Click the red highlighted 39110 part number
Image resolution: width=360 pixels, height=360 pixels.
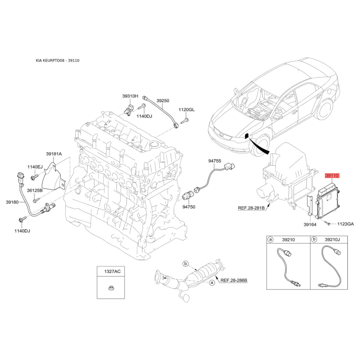click(x=332, y=176)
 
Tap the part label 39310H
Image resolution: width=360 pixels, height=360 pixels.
click(x=130, y=96)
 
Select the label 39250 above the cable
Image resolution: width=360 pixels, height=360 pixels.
click(x=163, y=100)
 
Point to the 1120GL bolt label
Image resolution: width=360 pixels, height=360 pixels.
click(x=187, y=109)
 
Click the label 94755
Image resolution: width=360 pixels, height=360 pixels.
click(x=215, y=161)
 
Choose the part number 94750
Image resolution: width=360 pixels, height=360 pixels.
click(x=189, y=207)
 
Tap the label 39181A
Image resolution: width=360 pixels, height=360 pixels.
click(x=54, y=154)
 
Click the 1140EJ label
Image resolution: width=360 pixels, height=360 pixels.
click(x=35, y=167)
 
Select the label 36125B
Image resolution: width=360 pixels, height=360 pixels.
click(x=35, y=190)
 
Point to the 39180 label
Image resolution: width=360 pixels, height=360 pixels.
click(x=12, y=202)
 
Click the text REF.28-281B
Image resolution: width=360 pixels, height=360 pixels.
click(x=251, y=208)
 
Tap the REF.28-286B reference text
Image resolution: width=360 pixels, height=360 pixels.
click(x=234, y=280)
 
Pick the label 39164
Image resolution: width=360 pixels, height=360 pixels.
click(x=310, y=225)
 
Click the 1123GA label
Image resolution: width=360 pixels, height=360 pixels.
click(x=346, y=224)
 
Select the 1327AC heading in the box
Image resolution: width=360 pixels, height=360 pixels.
click(x=112, y=272)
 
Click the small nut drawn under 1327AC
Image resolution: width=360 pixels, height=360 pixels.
click(x=111, y=288)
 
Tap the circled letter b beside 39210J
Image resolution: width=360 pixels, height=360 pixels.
click(x=314, y=239)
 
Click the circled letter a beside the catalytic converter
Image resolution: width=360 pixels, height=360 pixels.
click(x=212, y=283)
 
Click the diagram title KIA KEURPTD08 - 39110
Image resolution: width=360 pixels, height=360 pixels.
click(x=58, y=60)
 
